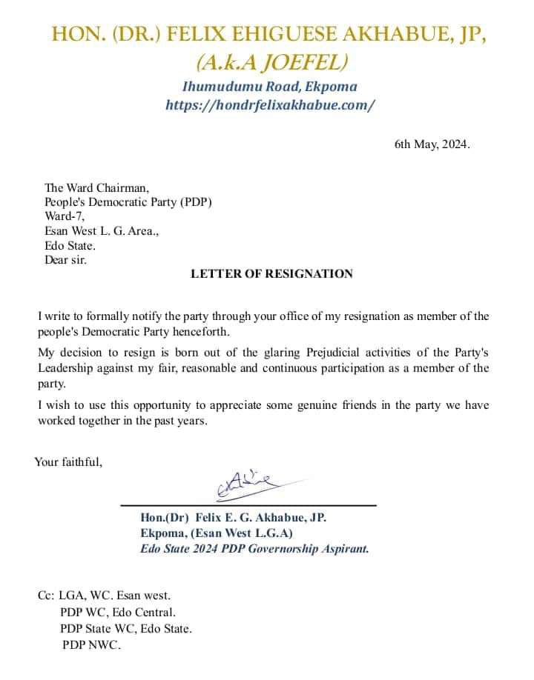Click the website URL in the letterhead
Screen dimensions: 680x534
coord(270,105)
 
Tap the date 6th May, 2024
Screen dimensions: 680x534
coord(432,144)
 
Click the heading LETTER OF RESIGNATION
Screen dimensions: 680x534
coord(271,273)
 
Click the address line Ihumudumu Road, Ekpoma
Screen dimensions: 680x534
coord(270,87)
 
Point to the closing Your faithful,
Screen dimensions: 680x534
coord(68,462)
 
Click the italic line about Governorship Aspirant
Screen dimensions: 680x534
coord(254,549)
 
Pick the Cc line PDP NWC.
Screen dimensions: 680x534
coord(91,644)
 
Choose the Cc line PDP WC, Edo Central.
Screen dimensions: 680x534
coord(118,612)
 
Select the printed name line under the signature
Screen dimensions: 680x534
coord(233,517)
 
